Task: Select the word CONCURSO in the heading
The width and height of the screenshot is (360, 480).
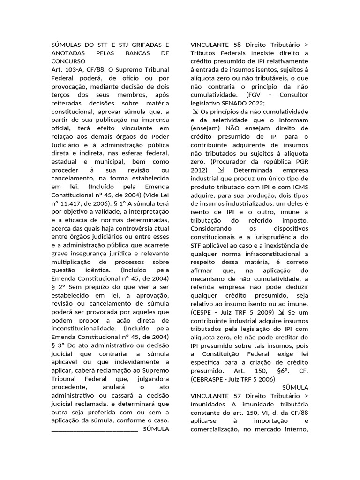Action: click(x=68, y=61)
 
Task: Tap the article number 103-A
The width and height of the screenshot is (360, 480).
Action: click(x=71, y=70)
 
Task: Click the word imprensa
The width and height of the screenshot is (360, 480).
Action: click(x=156, y=120)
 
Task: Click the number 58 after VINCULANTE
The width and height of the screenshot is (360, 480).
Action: click(x=237, y=45)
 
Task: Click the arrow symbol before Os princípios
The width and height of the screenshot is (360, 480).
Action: click(x=195, y=112)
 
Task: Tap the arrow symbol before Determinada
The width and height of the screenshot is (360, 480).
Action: click(x=221, y=170)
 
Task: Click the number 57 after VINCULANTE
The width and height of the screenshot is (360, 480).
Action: click(x=237, y=397)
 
